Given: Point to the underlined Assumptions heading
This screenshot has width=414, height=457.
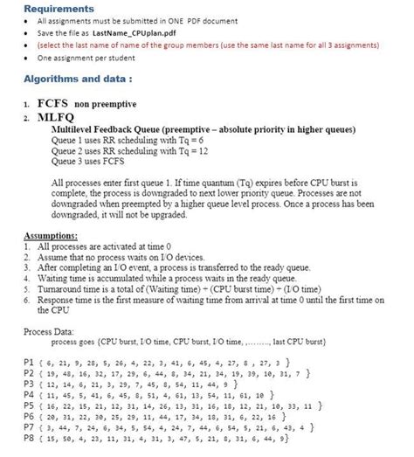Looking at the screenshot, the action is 50,237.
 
